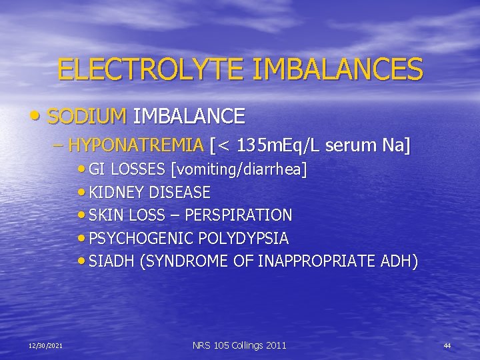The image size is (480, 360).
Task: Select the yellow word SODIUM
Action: [87, 117]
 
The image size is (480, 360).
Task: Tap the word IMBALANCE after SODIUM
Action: [189, 117]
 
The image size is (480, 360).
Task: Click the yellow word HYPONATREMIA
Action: [136, 145]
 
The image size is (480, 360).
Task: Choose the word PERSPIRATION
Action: [246, 215]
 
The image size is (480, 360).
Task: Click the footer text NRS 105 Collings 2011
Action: [239, 345]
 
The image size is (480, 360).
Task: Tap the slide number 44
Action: [447, 345]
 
